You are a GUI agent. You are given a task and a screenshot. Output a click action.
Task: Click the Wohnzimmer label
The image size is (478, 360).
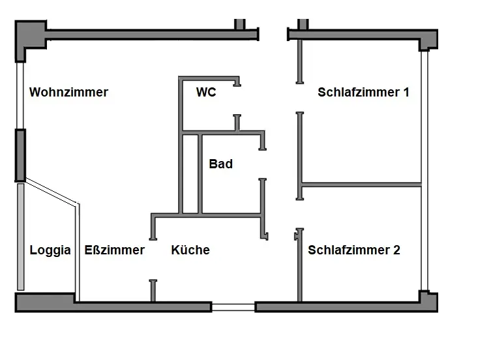[x=68, y=93]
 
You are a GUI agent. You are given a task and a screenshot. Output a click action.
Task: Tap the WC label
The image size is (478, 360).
[x=206, y=93]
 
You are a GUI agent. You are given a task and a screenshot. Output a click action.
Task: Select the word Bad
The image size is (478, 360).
[x=220, y=164]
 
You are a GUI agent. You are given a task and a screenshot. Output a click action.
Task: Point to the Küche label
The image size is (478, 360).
[x=190, y=250]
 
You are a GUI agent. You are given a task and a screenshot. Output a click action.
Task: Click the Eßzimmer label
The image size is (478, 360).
[x=115, y=250]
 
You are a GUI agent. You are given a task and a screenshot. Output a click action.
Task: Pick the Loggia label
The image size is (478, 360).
[x=50, y=250]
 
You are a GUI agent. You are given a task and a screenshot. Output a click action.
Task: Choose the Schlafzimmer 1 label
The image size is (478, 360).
[x=363, y=93]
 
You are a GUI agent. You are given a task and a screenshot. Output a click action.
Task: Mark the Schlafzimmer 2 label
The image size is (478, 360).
[x=354, y=250]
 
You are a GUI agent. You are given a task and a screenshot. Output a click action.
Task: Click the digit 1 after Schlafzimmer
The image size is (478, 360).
[x=406, y=93]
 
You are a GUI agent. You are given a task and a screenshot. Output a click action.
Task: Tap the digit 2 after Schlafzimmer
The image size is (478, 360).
[x=396, y=250]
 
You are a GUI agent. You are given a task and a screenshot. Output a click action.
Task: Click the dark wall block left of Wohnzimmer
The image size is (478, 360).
[x=20, y=155]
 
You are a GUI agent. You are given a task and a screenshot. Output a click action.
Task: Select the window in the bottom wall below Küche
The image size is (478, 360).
[x=233, y=307]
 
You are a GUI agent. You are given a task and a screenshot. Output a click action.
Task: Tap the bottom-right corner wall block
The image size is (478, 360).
[x=428, y=301]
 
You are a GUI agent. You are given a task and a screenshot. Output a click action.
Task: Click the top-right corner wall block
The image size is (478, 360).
[x=428, y=38]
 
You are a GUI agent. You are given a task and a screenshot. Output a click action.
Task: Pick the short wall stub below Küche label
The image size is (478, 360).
[x=153, y=290]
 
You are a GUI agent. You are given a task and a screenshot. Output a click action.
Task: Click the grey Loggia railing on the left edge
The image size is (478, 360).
[x=21, y=236]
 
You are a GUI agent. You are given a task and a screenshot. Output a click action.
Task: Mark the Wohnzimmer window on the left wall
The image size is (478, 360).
[x=20, y=96]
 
